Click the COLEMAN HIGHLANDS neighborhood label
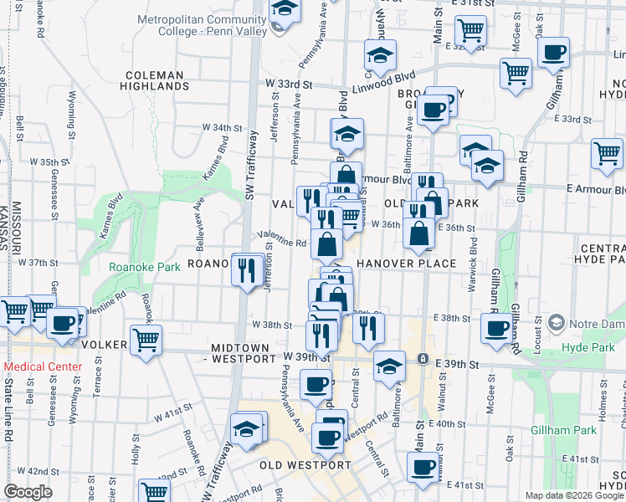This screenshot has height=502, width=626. click(x=154, y=79)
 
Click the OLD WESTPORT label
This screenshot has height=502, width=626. click(x=293, y=465)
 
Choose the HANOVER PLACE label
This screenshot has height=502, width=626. click(x=406, y=264)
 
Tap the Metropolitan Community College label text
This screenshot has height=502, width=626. click(x=203, y=25)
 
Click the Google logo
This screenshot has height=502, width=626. click(x=28, y=492)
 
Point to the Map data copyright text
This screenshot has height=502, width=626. click(x=574, y=495)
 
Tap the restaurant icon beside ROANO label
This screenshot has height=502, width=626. click(x=246, y=269)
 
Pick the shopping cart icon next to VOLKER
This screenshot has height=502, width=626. click(x=146, y=340)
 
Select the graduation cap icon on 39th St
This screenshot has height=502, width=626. click(x=388, y=366)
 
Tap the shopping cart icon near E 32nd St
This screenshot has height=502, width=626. click(x=472, y=31)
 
